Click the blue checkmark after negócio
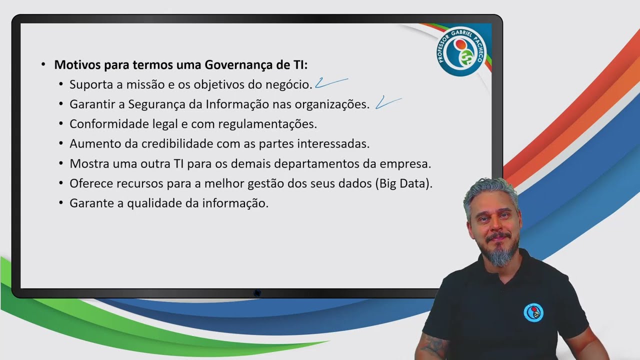pyautogui.click(x=330, y=82)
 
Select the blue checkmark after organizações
pyautogui.click(x=388, y=102)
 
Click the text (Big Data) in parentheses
pyautogui.click(x=403, y=183)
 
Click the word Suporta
pyautogui.click(x=91, y=84)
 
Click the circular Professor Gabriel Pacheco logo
pyautogui.click(x=461, y=50)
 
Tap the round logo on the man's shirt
pyautogui.click(x=533, y=312)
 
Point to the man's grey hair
pyautogui.click(x=490, y=190)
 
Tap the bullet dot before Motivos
pyautogui.click(x=43, y=64)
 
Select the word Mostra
pyautogui.click(x=88, y=164)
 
